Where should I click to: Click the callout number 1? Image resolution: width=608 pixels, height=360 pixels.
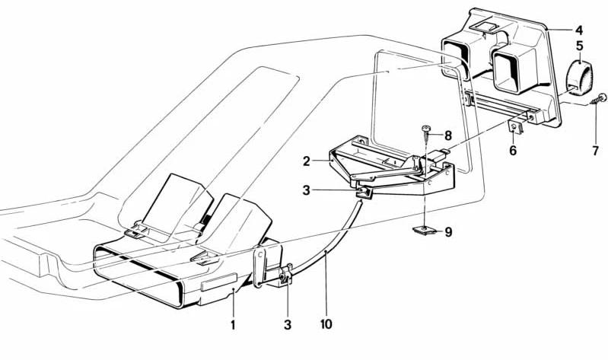(233, 324)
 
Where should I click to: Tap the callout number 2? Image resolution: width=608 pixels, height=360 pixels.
(307, 161)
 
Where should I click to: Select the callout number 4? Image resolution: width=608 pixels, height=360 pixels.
(579, 30)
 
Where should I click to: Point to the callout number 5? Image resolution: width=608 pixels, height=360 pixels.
(579, 46)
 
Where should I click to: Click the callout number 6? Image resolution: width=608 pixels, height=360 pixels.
(513, 151)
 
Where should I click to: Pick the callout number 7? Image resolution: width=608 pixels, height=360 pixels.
(596, 151)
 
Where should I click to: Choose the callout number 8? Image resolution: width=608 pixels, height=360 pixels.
(448, 135)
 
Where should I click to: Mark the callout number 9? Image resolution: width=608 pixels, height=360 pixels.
(448, 232)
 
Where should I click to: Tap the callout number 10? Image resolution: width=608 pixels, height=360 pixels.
(326, 324)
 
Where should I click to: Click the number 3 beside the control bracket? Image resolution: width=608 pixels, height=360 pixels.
(307, 191)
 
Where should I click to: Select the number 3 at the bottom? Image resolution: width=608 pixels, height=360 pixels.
(288, 324)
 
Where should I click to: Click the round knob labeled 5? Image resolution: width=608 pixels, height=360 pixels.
(578, 79)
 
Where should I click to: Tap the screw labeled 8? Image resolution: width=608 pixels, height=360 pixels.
(426, 135)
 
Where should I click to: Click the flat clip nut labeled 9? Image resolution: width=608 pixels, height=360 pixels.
(425, 231)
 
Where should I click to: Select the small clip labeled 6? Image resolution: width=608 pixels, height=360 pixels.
(515, 127)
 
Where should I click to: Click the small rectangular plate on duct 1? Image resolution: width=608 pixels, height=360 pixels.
(218, 282)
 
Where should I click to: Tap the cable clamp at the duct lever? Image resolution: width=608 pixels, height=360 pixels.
(286, 274)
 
